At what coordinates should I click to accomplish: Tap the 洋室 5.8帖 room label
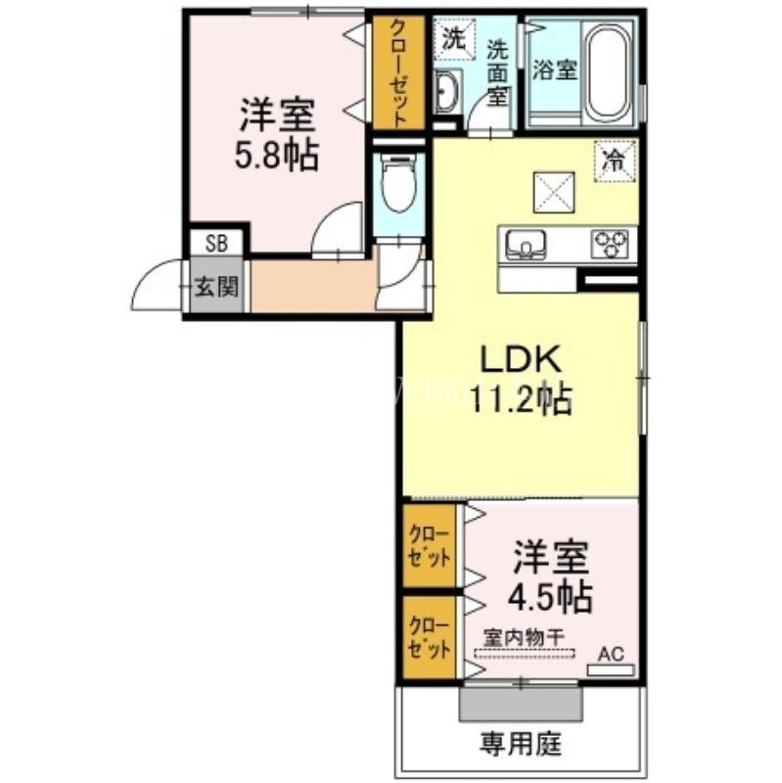[276, 134]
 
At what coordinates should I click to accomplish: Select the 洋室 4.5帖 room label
[550, 576]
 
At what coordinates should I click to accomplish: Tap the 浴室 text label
[554, 69]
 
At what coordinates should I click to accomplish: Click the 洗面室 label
[497, 71]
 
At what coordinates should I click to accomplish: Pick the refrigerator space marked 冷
[615, 161]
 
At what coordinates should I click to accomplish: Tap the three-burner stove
[610, 243]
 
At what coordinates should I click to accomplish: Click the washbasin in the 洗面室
[447, 92]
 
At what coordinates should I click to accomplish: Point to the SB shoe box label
[216, 243]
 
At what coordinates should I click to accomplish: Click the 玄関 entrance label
[216, 287]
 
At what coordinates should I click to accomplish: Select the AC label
[612, 654]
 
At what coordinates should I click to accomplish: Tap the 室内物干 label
[524, 637]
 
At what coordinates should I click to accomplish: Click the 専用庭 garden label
[521, 744]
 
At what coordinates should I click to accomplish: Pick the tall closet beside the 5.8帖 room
[398, 72]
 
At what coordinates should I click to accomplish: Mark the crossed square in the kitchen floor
[554, 192]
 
